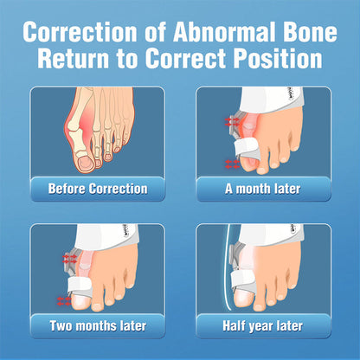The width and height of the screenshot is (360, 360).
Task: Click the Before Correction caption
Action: coord(98,188)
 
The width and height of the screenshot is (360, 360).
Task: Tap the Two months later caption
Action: coord(98,326)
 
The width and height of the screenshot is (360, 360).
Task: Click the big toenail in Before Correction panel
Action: coord(88,163)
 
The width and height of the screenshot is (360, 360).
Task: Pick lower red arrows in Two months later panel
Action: coord(62,299)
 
